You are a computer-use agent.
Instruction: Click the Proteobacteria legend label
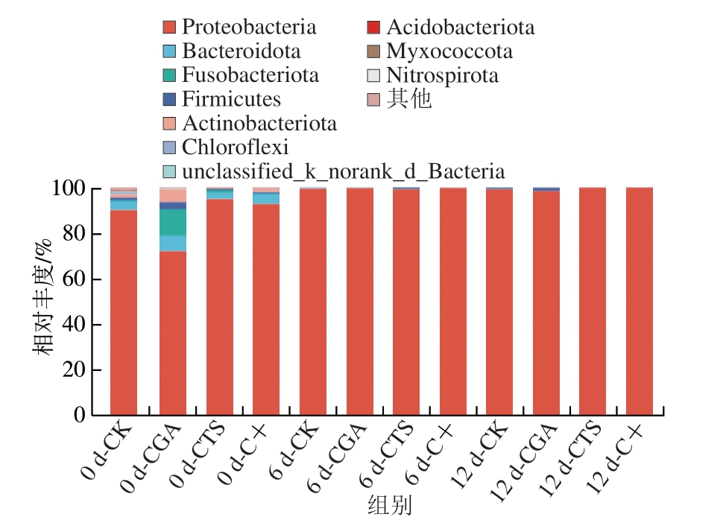pyautogui.click(x=249, y=28)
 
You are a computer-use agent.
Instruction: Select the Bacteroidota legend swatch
pyautogui.click(x=169, y=52)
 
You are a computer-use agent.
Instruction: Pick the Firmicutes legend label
pyautogui.click(x=231, y=99)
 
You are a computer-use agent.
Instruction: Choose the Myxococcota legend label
pyautogui.click(x=449, y=51)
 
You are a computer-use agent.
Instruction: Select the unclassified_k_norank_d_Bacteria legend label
pyautogui.click(x=344, y=171)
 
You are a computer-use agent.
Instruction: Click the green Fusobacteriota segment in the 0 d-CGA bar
pyautogui.click(x=173, y=222)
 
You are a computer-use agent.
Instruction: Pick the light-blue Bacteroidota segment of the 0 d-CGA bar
pyautogui.click(x=173, y=243)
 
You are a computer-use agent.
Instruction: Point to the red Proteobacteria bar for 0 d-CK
pyautogui.click(x=124, y=313)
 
